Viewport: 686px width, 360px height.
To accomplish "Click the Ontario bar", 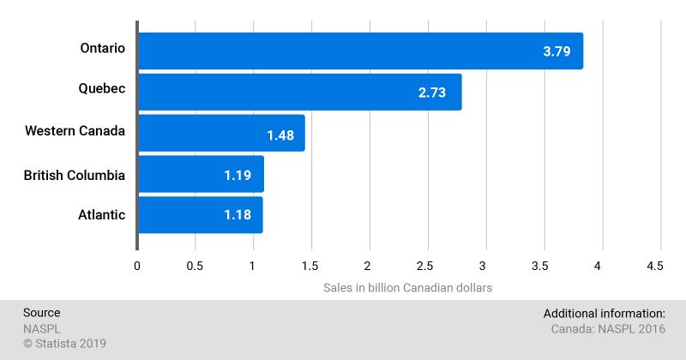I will tap(360, 51).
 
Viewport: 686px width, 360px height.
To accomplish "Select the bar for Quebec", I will tap(299, 92).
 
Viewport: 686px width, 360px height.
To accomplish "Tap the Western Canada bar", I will tap(221, 133).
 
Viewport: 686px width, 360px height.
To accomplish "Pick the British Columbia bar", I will tap(201, 174).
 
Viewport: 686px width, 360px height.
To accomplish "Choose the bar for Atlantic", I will tap(200, 215).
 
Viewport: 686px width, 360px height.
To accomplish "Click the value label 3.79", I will tap(557, 51).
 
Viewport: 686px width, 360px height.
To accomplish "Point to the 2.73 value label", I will tap(432, 93).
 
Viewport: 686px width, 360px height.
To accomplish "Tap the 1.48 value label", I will tap(280, 134).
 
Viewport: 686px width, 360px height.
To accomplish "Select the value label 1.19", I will tap(238, 175).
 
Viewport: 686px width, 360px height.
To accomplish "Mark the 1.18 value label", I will tap(238, 215).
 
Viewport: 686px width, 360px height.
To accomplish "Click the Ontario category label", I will tap(103, 49).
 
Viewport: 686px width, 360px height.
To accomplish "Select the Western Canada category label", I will tap(75, 131).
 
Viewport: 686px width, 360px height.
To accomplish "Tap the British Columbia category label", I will tap(75, 176).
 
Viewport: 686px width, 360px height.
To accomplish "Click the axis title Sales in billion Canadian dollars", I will tap(408, 288).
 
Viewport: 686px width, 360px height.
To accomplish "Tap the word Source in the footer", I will tap(41, 313).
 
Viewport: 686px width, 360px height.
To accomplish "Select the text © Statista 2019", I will tap(64, 344).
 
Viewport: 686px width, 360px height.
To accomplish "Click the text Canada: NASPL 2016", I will tap(607, 328).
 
